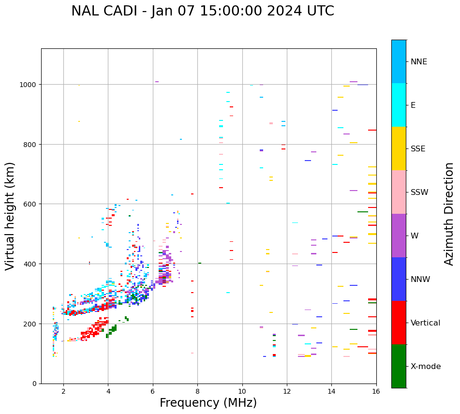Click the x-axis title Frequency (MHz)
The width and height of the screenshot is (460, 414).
tap(208, 403)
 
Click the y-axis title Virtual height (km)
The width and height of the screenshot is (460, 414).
tap(10, 216)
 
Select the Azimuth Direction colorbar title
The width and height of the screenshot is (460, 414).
tap(449, 213)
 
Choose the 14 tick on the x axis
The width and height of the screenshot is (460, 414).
tap(331, 392)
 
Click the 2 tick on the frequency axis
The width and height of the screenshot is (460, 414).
tap(63, 392)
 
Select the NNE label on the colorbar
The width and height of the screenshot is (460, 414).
tap(419, 62)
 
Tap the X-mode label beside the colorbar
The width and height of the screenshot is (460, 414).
tap(426, 367)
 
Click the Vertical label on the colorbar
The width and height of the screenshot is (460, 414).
tap(425, 323)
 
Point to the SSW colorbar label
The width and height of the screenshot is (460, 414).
tap(419, 192)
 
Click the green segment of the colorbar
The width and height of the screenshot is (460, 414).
tap(399, 366)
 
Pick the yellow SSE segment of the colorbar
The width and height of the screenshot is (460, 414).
tap(399, 148)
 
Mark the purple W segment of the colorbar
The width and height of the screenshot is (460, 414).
tap(399, 236)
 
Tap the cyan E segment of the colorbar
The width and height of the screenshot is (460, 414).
tap(399, 105)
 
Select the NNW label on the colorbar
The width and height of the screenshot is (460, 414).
tap(420, 280)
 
